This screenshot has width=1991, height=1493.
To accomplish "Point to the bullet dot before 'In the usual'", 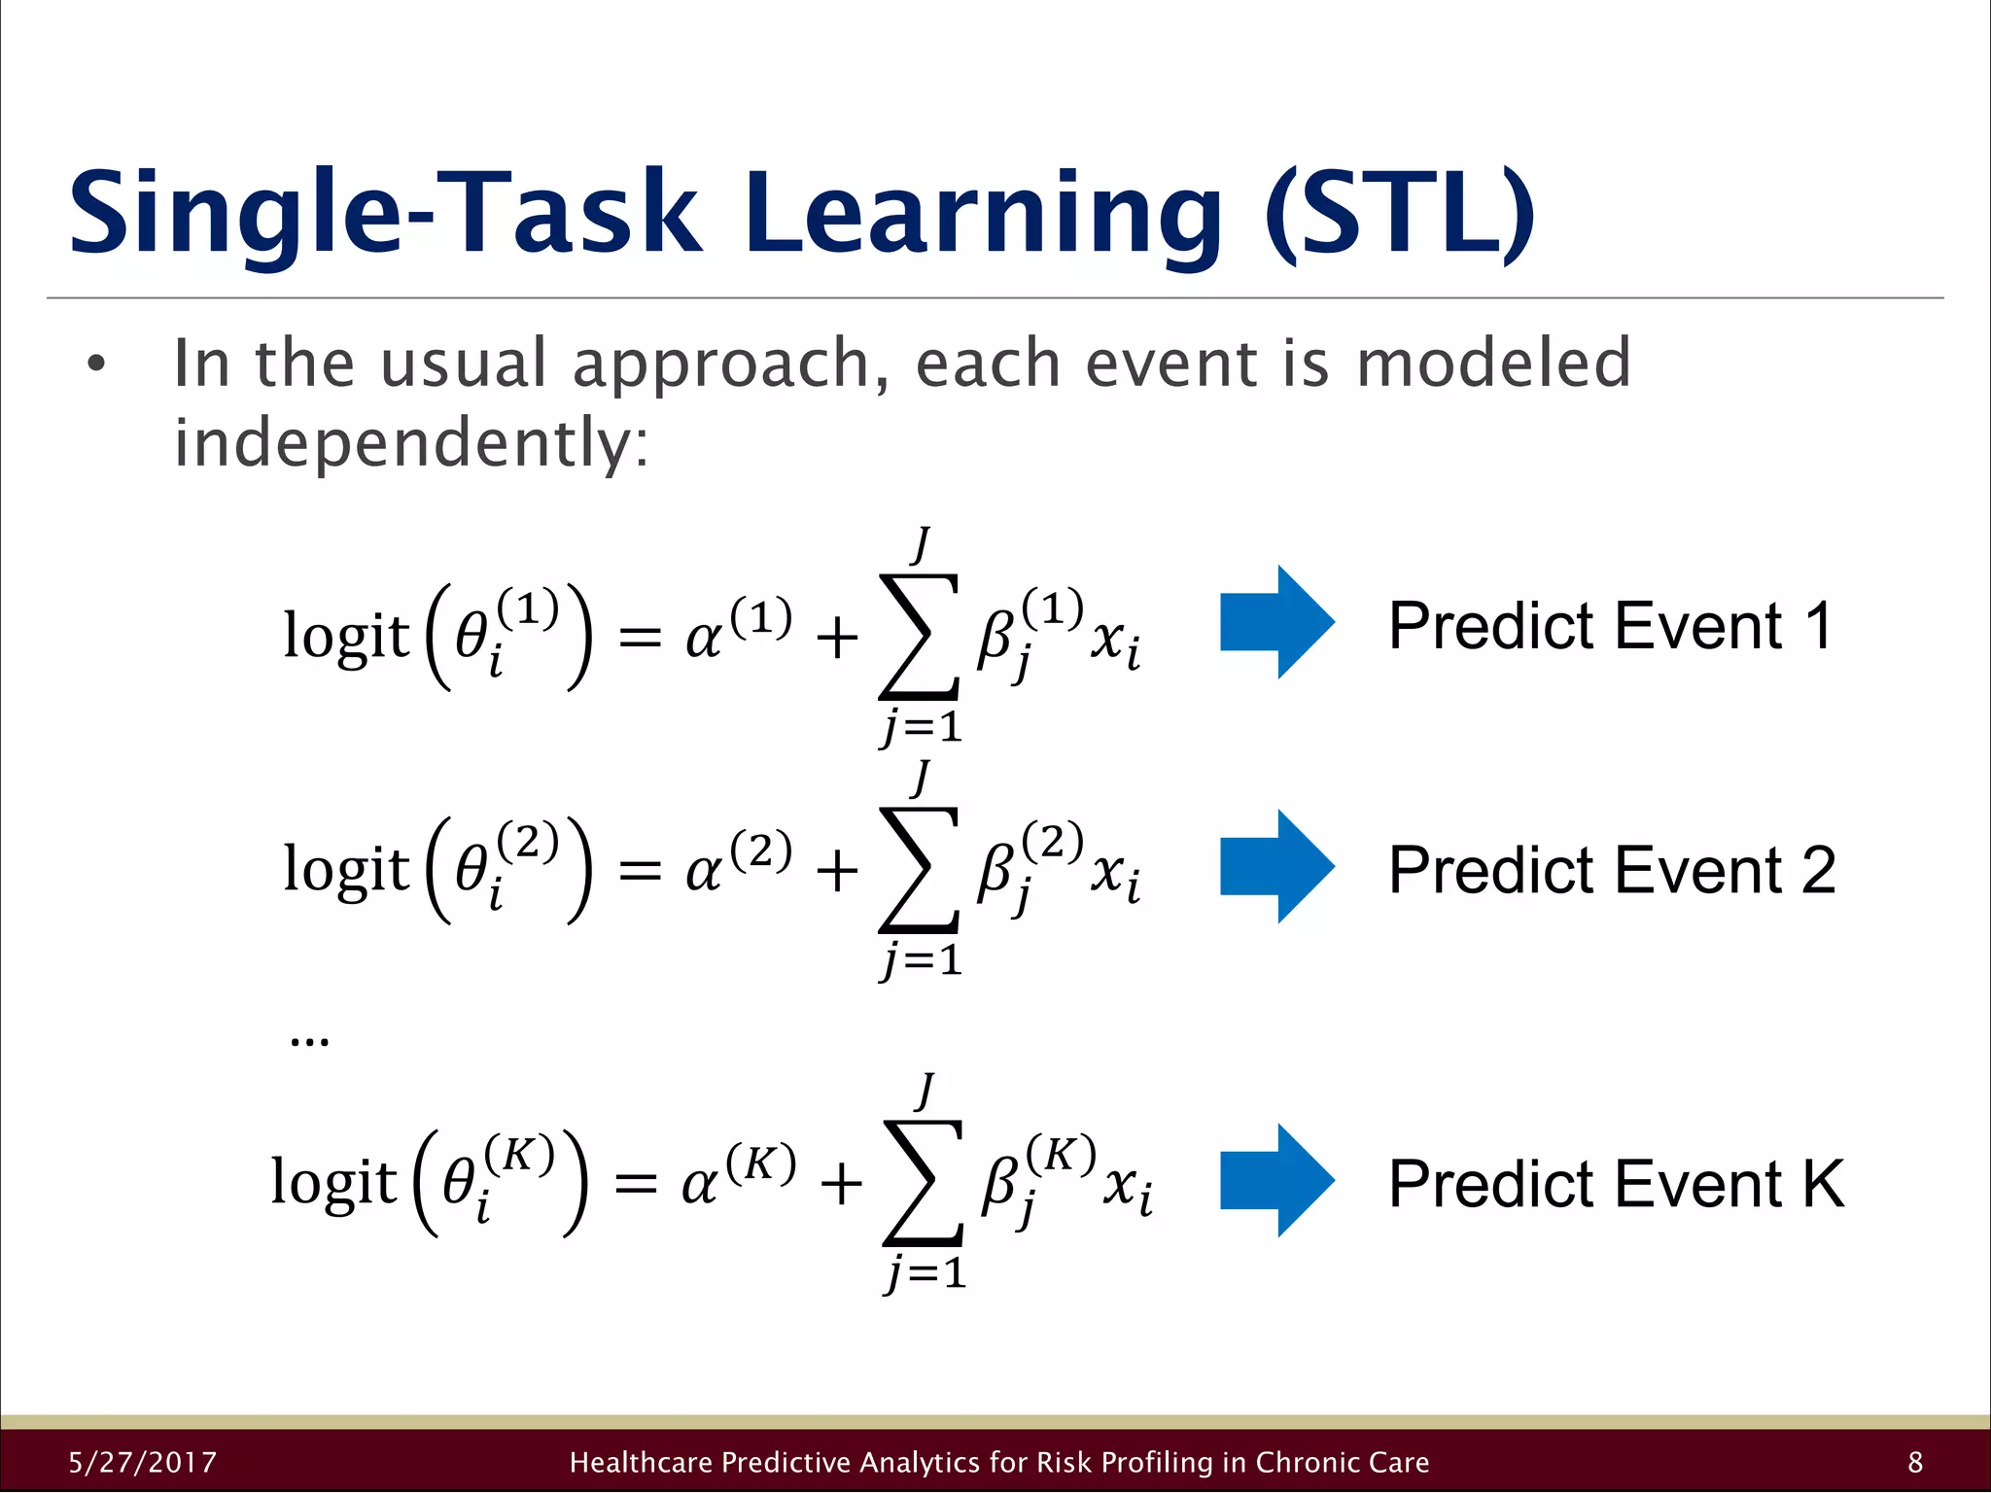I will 95,365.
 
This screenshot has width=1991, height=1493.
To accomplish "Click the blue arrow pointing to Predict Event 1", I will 1276,622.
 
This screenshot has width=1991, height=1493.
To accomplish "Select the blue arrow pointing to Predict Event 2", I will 1276,866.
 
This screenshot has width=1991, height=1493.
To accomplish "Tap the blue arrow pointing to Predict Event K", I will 1276,1180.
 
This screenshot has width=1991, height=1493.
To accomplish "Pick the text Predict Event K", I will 1615,1183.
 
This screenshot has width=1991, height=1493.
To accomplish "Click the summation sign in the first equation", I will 919,637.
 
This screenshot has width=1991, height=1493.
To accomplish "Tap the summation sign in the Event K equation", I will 923,1183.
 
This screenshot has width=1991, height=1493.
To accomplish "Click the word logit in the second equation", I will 346,868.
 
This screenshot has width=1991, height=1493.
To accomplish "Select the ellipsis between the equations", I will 309,1042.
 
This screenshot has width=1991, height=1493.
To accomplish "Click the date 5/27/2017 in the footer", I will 143,1462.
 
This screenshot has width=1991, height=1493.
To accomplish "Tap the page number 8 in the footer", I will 1915,1462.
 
